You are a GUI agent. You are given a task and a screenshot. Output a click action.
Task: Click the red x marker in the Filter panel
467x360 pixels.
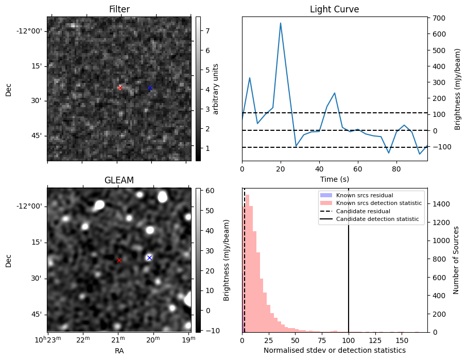point(120,88)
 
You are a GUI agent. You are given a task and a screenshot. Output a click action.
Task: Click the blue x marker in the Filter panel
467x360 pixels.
point(150,88)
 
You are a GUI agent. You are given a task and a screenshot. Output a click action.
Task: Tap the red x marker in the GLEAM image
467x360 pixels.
point(119,260)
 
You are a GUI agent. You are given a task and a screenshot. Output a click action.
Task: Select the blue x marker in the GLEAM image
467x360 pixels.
point(149,258)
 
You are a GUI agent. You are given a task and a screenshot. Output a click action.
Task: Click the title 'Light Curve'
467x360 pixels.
point(334,9)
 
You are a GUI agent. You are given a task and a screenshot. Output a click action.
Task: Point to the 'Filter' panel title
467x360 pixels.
point(119,9)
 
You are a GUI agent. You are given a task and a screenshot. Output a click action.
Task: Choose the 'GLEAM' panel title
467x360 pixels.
point(119,180)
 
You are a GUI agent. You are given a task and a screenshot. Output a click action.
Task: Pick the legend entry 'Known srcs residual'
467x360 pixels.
point(365,195)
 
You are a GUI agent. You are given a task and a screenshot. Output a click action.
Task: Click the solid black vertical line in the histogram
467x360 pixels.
point(349,268)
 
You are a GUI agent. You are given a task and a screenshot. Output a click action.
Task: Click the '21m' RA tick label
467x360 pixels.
point(118,340)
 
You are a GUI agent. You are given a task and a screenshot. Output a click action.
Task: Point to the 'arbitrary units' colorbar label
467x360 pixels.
point(216,89)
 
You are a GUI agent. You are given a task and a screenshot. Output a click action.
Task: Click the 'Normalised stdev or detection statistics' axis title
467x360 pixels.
point(334,350)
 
